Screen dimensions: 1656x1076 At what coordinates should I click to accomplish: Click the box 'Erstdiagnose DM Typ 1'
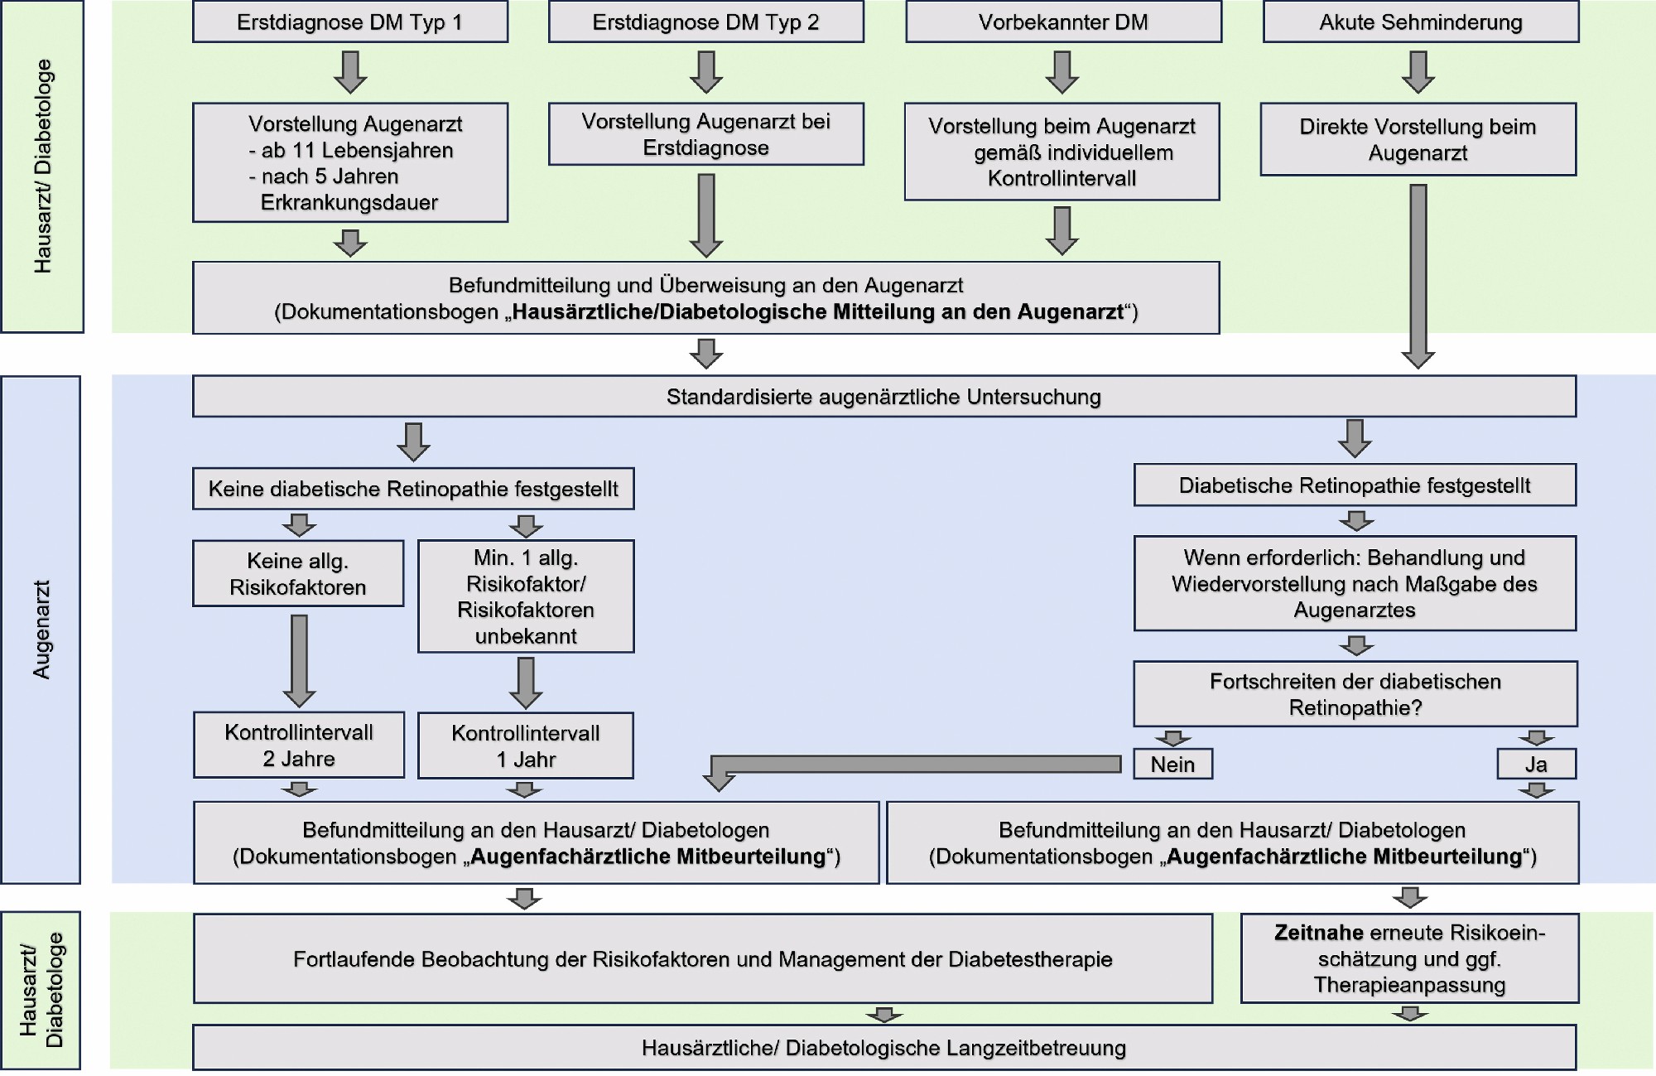[350, 22]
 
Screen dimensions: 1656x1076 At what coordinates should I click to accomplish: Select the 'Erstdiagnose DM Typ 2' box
[706, 22]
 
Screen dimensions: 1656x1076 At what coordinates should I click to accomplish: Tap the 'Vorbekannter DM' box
[1064, 22]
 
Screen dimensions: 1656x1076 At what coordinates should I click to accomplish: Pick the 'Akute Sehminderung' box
[1421, 22]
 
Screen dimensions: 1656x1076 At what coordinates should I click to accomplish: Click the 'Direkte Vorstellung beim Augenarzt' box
[1418, 139]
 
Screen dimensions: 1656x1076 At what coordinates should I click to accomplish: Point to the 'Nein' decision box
[1173, 764]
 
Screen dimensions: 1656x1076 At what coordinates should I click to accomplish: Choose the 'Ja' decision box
[1537, 764]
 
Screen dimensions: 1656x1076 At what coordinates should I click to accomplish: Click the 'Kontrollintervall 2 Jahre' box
[299, 745]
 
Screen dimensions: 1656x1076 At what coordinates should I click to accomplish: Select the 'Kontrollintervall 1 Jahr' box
[526, 745]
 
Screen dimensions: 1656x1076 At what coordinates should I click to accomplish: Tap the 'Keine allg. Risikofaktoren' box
[298, 573]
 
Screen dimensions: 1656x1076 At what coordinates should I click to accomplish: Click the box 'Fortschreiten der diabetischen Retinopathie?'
[1355, 694]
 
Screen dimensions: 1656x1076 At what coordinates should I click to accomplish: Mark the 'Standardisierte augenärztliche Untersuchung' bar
[884, 396]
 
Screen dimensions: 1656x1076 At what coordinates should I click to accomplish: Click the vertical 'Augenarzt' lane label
[41, 630]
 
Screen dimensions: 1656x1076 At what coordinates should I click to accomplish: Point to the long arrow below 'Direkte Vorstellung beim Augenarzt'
[1418, 276]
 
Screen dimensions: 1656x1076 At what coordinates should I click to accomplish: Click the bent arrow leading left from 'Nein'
[911, 765]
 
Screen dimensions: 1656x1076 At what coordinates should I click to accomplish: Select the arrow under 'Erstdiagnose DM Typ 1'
[350, 73]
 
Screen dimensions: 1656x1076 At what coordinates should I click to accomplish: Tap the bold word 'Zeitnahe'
[1319, 933]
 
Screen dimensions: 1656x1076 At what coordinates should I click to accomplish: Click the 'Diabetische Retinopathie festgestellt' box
[1355, 485]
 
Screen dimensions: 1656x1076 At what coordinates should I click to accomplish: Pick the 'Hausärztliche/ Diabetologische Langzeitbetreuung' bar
[884, 1048]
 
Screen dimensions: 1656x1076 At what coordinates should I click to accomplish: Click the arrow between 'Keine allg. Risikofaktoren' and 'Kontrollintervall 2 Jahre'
[299, 661]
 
